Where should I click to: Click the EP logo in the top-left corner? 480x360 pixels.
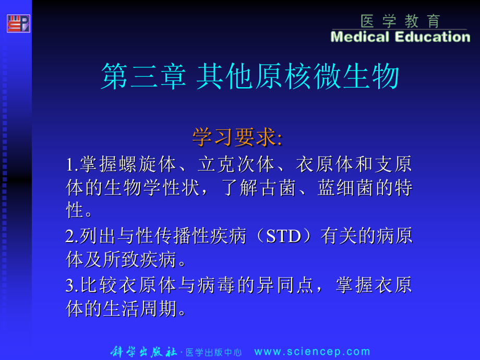(x=18, y=23)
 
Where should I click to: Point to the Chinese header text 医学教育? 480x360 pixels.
(x=400, y=21)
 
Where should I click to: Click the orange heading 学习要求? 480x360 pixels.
(x=237, y=137)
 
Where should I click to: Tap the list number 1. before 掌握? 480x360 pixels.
(x=72, y=165)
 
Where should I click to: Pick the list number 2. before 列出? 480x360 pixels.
(x=72, y=237)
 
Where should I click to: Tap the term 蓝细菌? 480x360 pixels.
(x=345, y=188)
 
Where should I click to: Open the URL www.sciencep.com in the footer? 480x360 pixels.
(x=312, y=352)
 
